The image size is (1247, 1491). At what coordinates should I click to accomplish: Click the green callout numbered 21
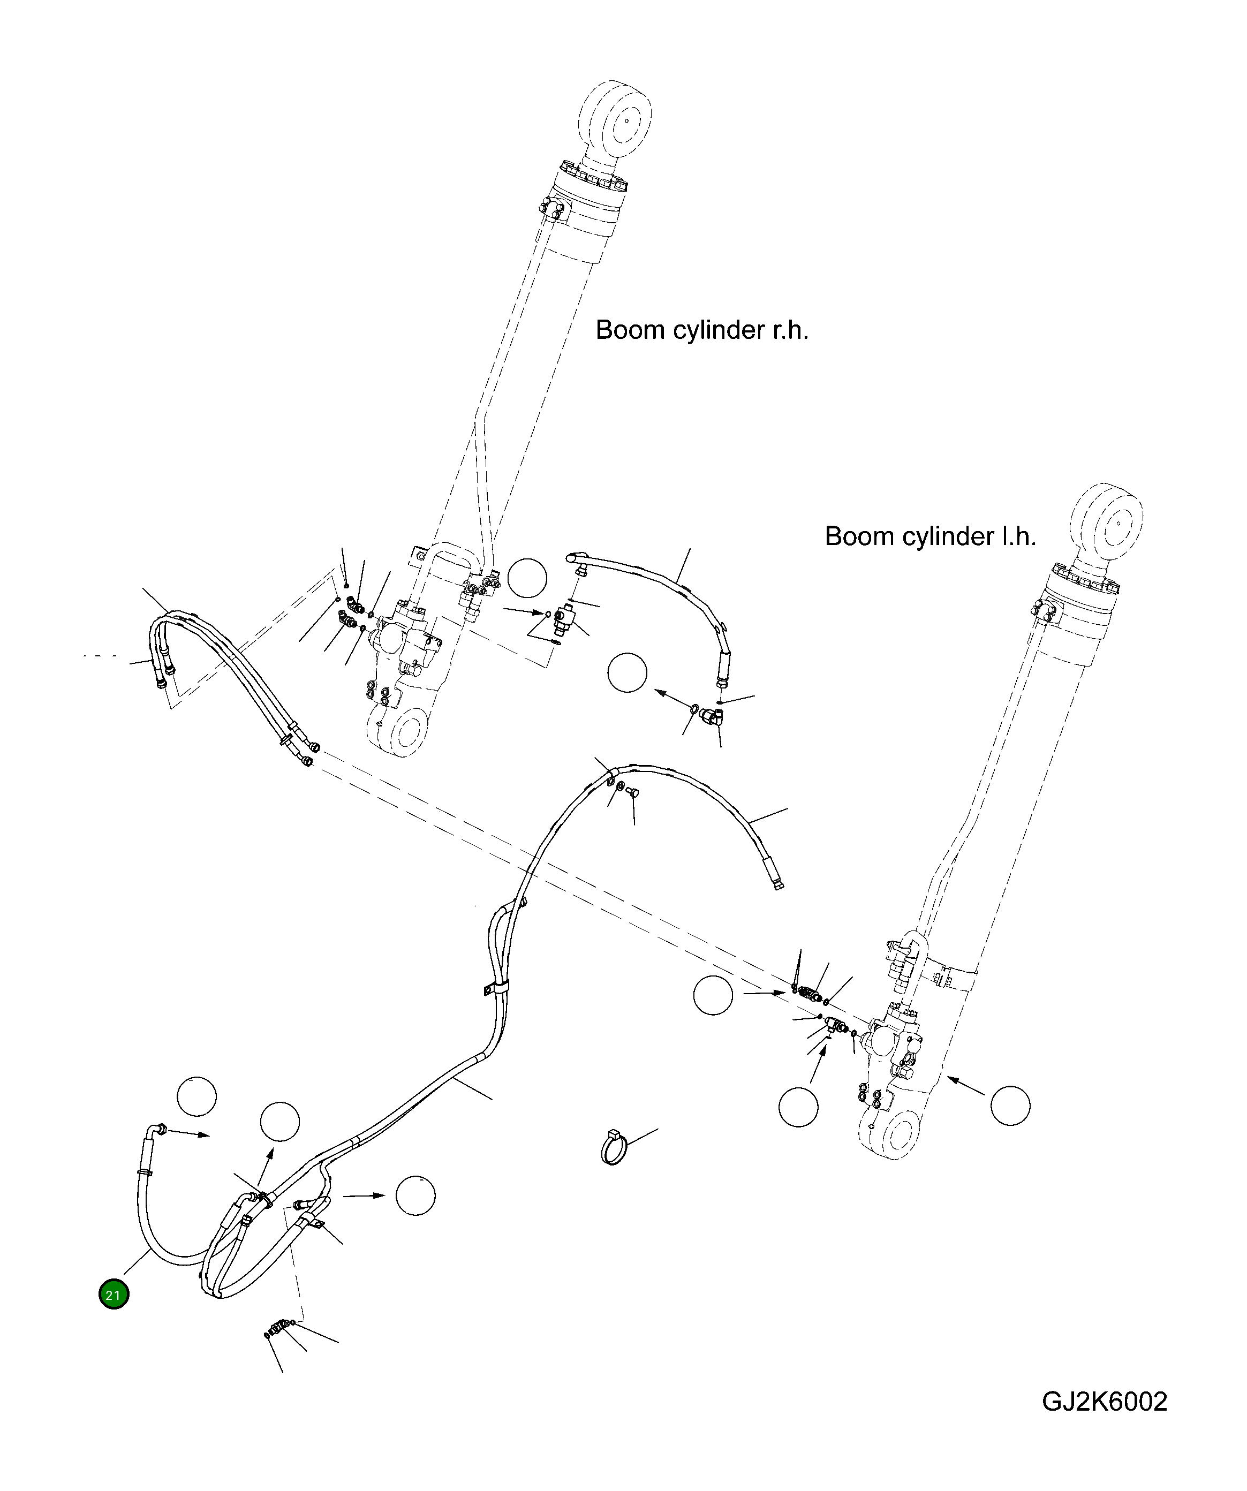click(114, 1295)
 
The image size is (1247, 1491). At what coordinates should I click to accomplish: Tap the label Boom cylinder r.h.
click(701, 330)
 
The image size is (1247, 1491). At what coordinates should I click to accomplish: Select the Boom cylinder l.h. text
click(930, 536)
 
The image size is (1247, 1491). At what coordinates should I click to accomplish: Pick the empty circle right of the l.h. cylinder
click(1010, 1106)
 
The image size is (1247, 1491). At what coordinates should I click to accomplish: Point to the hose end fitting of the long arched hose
click(773, 873)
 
